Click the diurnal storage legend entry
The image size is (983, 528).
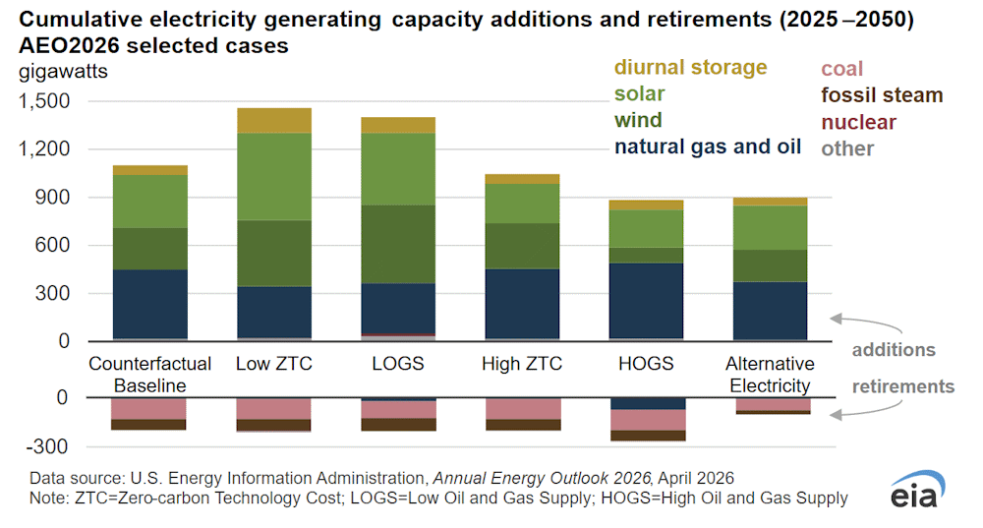[690, 68]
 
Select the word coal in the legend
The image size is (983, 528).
[841, 69]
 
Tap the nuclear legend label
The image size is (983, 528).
[858, 122]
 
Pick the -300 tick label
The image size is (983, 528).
[49, 446]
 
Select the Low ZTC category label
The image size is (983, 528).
[273, 364]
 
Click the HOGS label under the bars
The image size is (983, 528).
[646, 364]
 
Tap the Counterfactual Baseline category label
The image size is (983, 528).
[137, 375]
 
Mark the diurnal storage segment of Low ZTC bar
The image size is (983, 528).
[273, 120]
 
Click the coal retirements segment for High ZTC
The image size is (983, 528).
[522, 408]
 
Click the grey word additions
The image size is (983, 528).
[893, 350]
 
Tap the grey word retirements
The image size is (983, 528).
[902, 386]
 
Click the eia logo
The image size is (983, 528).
[915, 491]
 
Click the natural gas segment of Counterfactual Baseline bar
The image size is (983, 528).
[149, 304]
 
